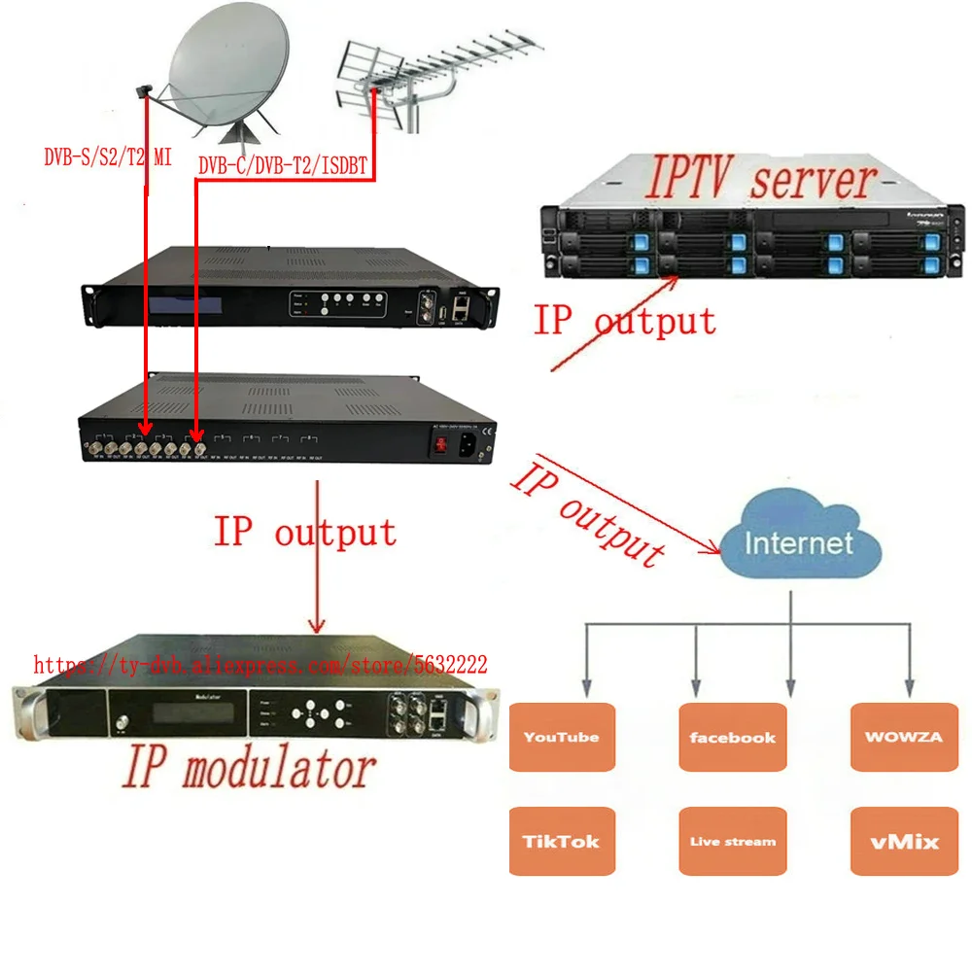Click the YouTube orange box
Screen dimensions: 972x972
click(x=562, y=737)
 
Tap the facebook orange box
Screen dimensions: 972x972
click(x=732, y=737)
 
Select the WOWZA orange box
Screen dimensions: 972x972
click(x=903, y=737)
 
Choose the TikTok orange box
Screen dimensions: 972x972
click(x=562, y=841)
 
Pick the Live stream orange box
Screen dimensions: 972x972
click(x=732, y=841)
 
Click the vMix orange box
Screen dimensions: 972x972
click(x=903, y=841)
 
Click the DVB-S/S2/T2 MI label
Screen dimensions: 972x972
click(x=107, y=156)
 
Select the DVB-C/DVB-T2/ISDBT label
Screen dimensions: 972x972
click(x=283, y=166)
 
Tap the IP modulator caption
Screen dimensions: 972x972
click(x=248, y=769)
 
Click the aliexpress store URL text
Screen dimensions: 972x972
click(x=260, y=666)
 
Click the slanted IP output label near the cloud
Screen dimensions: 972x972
click(x=589, y=515)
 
